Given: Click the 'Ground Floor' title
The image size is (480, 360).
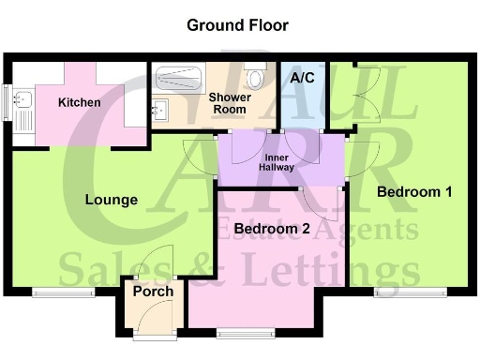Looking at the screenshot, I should pos(237,25).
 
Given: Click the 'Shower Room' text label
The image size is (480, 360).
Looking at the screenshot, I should pos(228,103).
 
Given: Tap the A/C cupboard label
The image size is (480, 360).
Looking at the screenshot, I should pos(302,79).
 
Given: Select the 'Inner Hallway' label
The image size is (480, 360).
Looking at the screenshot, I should pos(277,162).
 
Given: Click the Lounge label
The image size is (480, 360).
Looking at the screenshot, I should pos(112,200).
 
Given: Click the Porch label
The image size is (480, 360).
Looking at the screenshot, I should pos(152,292).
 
